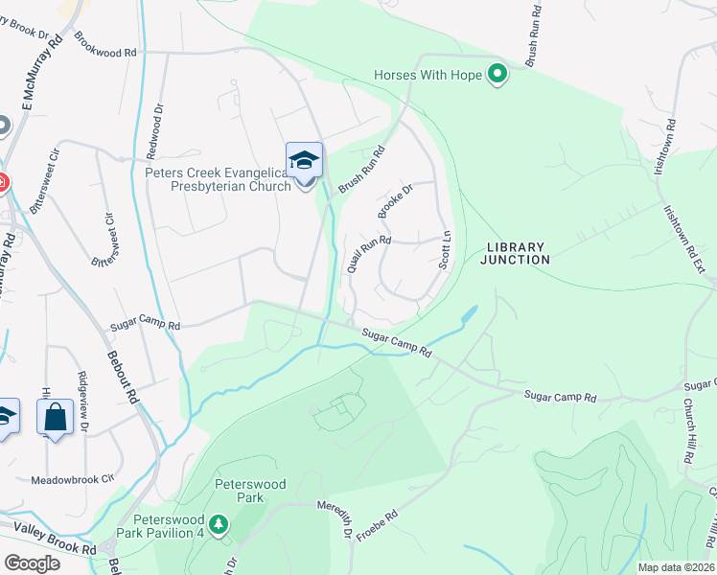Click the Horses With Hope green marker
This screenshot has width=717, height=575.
497,75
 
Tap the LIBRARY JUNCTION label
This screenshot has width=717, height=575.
515,253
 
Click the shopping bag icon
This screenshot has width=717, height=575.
56,417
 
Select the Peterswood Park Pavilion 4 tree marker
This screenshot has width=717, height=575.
220,524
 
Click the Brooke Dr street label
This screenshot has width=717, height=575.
394,201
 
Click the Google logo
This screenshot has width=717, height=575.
32,563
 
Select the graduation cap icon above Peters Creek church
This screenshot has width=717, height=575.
304,160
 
